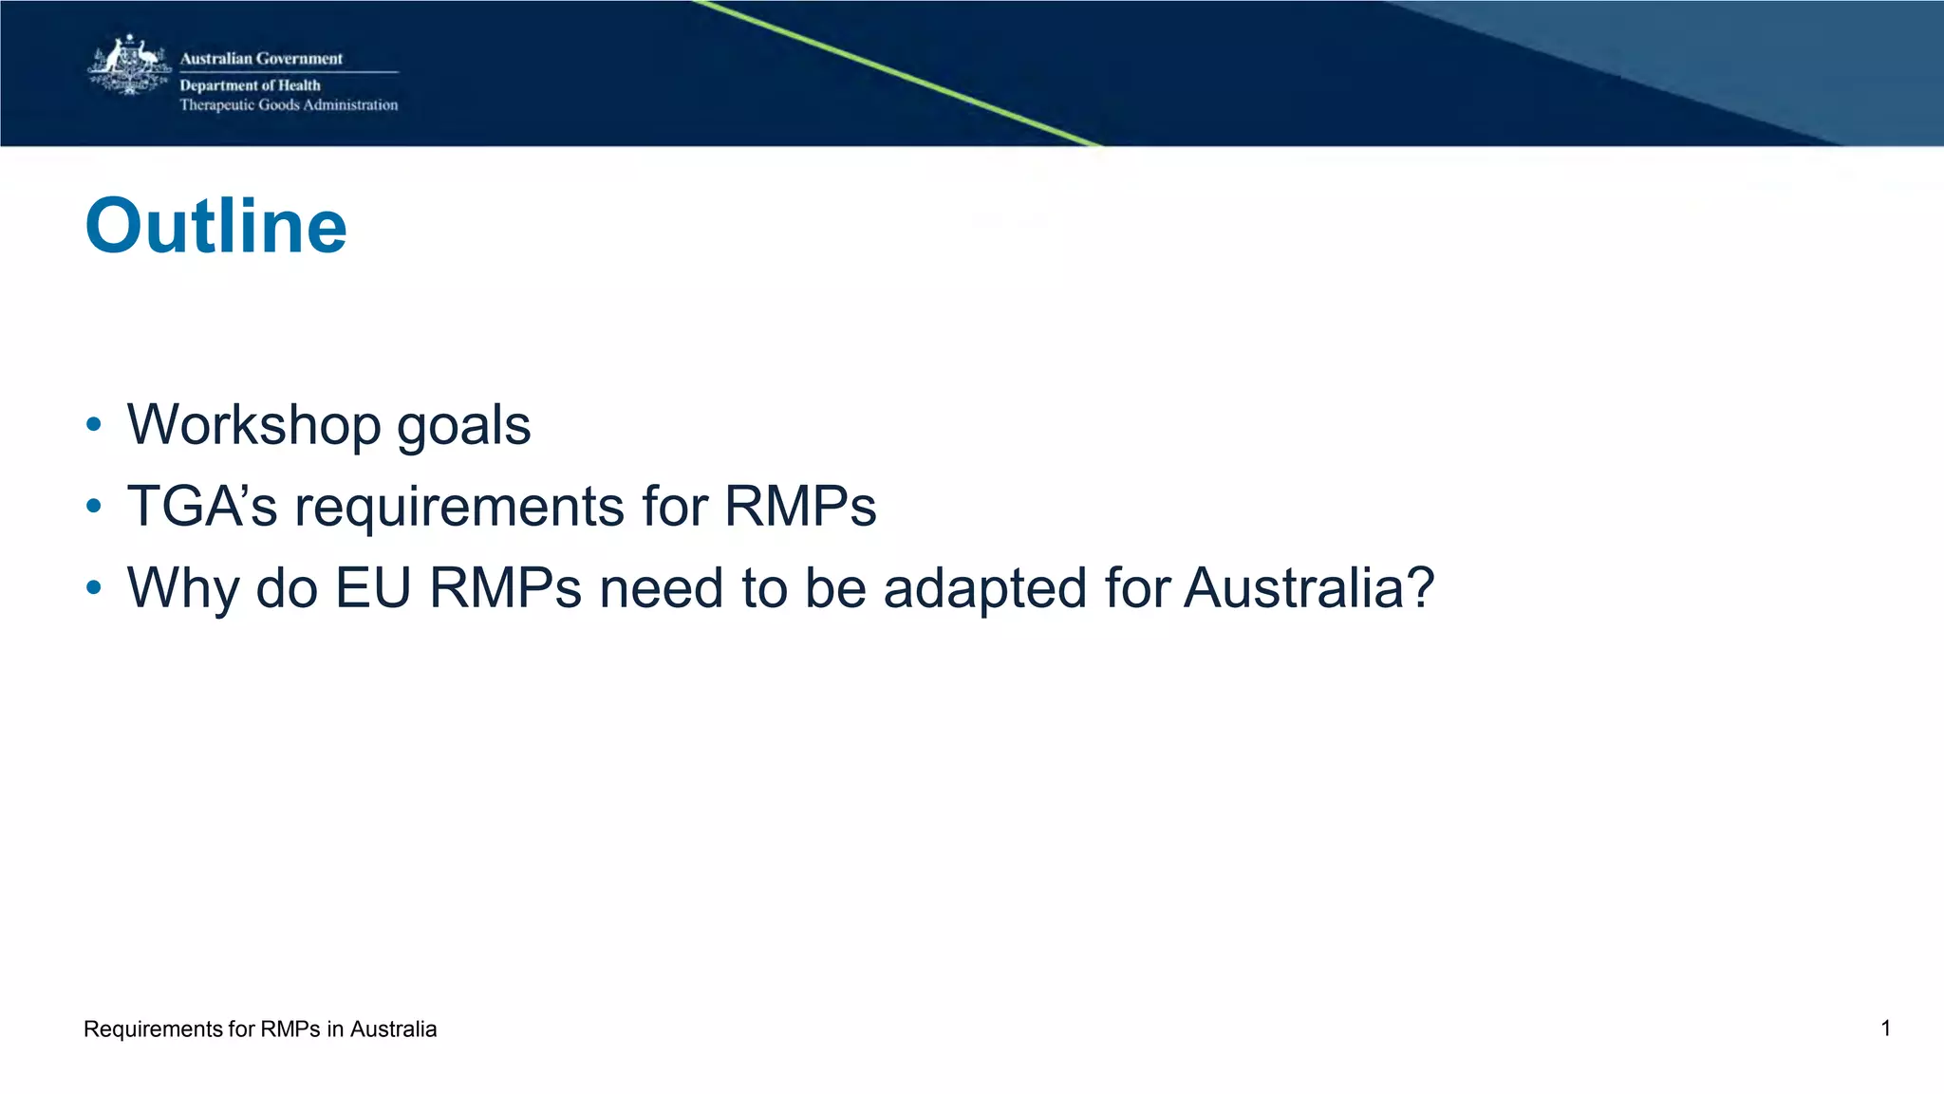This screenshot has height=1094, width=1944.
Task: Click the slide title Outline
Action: click(215, 227)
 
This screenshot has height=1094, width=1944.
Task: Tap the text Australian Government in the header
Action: click(261, 59)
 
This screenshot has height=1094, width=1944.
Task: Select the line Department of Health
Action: click(250, 85)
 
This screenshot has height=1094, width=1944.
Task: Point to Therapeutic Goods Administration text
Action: click(289, 105)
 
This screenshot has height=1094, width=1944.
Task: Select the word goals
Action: click(463, 426)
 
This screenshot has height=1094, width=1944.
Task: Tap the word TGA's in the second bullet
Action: click(202, 506)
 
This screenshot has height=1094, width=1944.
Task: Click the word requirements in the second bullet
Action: click(459, 508)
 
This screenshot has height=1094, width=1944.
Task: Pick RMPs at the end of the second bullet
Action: click(800, 506)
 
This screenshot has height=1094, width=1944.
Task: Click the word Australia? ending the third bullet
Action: click(1309, 587)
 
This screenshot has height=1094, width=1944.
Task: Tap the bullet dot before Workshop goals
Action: click(93, 424)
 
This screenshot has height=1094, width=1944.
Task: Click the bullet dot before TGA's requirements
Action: click(93, 506)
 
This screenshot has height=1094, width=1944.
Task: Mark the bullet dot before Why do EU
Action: click(93, 587)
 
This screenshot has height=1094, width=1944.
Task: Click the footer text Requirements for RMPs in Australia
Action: click(260, 1029)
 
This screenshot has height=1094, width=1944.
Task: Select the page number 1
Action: click(1885, 1029)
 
